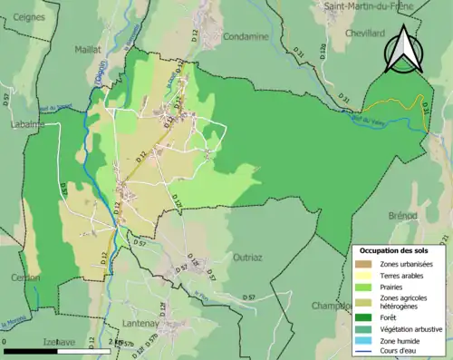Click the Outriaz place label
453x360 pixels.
pyautogui.click(x=246, y=258)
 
